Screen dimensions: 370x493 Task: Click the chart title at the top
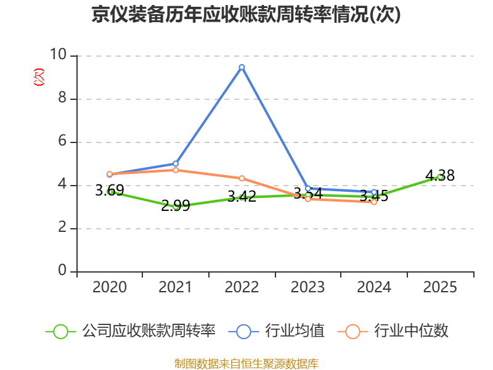pos(246,15)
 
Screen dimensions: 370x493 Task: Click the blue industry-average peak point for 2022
pos(242,67)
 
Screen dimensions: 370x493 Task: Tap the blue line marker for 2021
pos(176,163)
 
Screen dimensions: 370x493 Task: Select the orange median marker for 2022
pos(242,178)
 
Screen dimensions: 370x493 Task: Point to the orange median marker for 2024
pos(374,202)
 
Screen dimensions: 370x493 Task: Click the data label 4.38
pos(440,176)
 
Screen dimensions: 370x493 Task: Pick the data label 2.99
pos(176,206)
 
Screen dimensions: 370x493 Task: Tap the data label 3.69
pos(110,191)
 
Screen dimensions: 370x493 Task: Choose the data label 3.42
pos(242,197)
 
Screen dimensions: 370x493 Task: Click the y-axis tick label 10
pos(59,55)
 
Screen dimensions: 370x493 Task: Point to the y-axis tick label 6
pos(62,142)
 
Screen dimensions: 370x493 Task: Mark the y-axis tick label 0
pos(62,271)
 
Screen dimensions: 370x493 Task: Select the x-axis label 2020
pos(110,287)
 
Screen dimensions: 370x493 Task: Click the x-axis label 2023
pos(308,287)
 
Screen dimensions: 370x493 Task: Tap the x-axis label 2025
pos(440,287)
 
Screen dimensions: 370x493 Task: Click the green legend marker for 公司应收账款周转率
pos(60,331)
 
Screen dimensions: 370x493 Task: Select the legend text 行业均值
pos(295,331)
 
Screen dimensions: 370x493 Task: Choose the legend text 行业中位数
pos(413,331)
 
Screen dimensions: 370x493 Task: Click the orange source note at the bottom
pos(246,363)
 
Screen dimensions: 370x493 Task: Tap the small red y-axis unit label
pos(39,77)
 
